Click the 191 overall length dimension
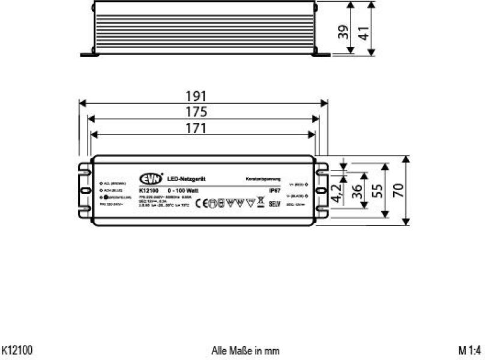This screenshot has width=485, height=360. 196,96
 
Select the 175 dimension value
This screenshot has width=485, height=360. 196,112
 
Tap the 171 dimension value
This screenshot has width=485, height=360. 196,128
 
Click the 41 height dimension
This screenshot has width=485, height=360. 364,34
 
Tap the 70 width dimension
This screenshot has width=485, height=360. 398,191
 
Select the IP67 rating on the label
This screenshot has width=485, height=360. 275,190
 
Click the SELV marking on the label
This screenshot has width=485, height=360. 275,203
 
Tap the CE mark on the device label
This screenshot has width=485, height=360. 202,203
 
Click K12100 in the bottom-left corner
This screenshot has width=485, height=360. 17,350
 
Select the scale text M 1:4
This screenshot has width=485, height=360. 471,350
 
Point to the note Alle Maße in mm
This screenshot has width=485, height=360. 246,350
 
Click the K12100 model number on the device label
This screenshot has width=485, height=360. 148,190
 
